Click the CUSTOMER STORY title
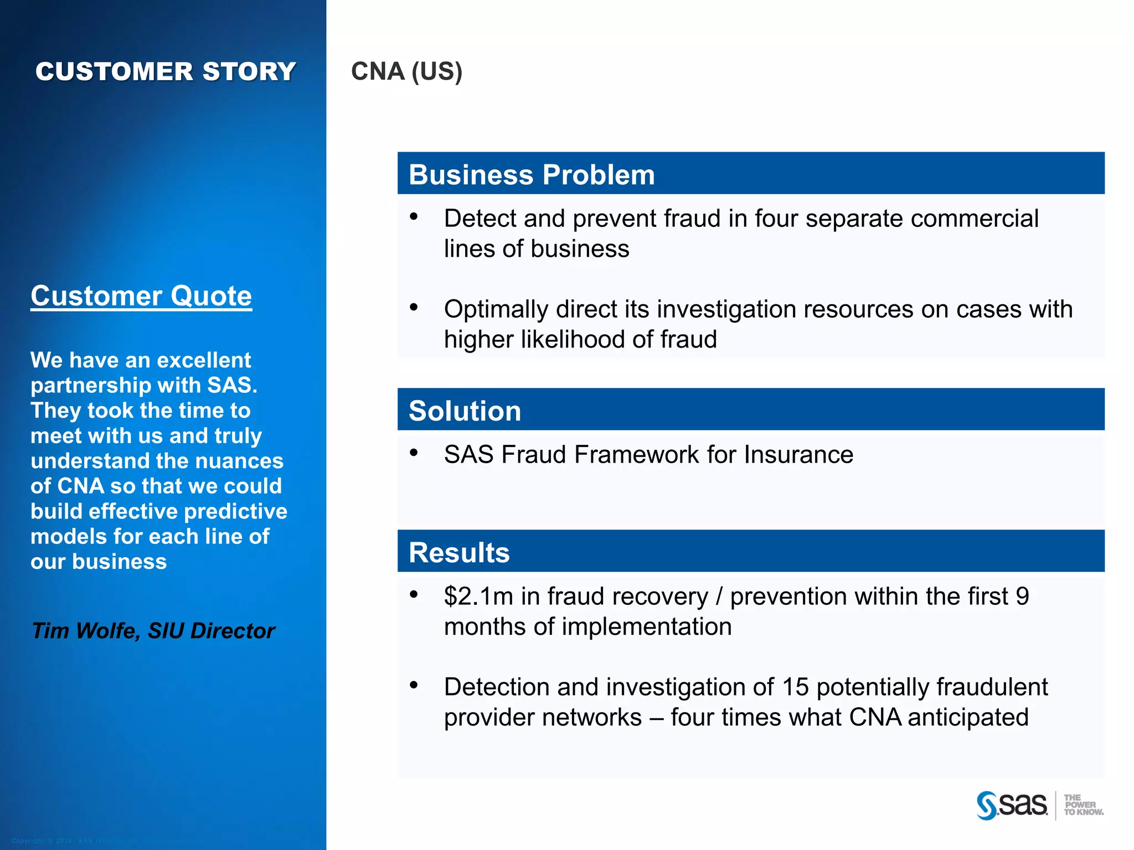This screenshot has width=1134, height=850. coord(166,71)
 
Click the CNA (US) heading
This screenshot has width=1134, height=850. coord(406,71)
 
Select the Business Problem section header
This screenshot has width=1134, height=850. coord(532,174)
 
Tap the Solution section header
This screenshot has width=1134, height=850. coord(465,411)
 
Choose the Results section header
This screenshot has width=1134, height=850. coord(459,552)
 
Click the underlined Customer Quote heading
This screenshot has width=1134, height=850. coord(141,296)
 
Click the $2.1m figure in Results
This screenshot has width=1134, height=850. coord(478,596)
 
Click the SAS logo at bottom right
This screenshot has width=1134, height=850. coord(1012,805)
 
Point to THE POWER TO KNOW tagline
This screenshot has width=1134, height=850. coord(1083,805)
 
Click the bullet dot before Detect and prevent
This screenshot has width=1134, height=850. coord(414,216)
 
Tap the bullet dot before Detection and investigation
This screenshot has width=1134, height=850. coord(414,685)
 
